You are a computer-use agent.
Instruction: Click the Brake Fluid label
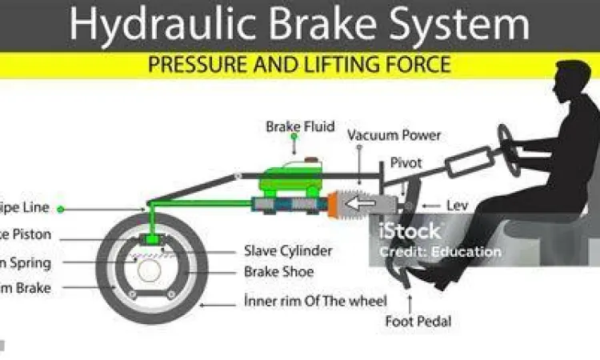[x=300, y=126]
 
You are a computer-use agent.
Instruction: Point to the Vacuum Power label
[x=394, y=135]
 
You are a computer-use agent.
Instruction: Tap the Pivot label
[x=406, y=162]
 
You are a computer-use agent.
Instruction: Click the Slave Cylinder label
[x=287, y=251]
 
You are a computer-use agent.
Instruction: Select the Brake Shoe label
[x=278, y=272]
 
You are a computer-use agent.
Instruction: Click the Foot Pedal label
[x=418, y=322]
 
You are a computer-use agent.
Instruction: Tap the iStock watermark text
[x=410, y=232]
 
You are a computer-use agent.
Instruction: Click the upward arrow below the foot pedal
[x=410, y=302]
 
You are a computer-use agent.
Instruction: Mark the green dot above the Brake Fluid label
[x=294, y=138]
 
